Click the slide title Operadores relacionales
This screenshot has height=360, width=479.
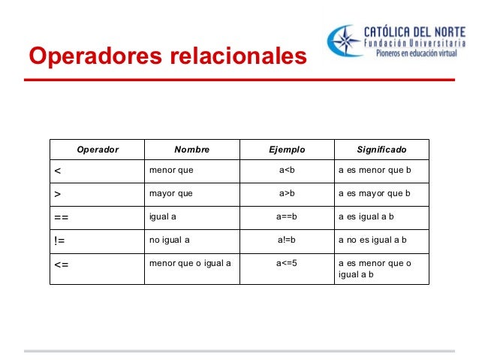tap(167, 56)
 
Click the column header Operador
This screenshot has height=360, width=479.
tap(98, 150)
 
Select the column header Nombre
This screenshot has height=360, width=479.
tap(191, 150)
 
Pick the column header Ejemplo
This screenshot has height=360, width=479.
tap(287, 150)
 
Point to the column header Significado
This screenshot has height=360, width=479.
tap(381, 150)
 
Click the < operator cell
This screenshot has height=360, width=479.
tap(58, 171)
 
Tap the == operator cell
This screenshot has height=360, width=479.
tap(62, 218)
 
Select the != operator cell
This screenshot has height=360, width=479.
tap(60, 241)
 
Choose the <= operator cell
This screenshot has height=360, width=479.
tap(62, 265)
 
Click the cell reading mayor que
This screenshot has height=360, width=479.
tap(171, 194)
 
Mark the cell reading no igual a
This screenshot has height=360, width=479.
tap(170, 241)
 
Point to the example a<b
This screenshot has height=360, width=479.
tap(287, 171)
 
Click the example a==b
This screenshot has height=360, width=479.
tap(287, 217)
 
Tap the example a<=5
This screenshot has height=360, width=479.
tap(287, 264)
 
